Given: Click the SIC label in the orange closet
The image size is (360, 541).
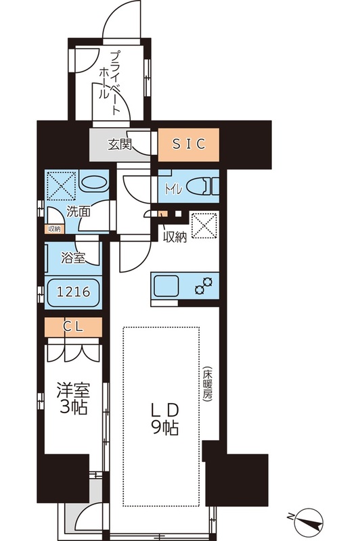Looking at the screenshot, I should [x=189, y=143].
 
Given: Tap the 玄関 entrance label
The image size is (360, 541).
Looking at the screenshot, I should [x=120, y=144].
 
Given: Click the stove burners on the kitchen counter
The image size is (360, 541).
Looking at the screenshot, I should [x=204, y=285].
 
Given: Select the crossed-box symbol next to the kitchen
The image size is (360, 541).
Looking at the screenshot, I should [x=203, y=226].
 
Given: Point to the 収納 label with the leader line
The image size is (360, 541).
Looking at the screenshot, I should [x=175, y=236].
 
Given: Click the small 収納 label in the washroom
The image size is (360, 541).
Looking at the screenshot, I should [x=53, y=228].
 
